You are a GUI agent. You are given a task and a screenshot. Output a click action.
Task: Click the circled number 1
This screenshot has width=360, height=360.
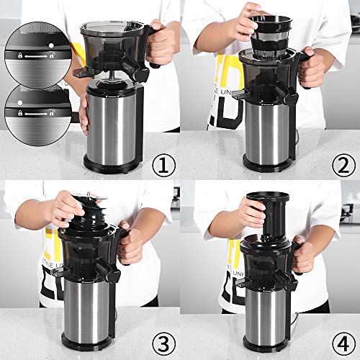pyautogui.click(x=164, y=167)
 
